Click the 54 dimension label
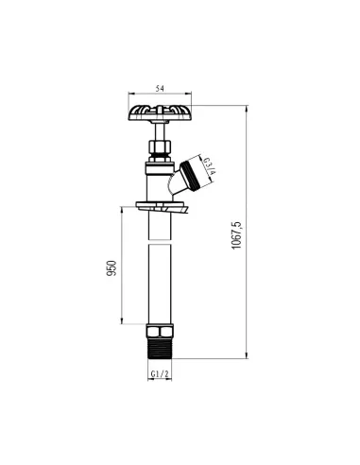160,89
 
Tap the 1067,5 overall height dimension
236,235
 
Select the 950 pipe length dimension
111,268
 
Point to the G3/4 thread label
210,166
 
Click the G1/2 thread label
160,374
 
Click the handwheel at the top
160,112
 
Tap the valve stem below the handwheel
160,131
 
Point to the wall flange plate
162,206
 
